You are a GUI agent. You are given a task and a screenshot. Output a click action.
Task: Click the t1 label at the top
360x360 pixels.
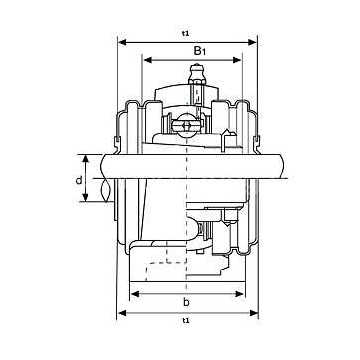point(185,33)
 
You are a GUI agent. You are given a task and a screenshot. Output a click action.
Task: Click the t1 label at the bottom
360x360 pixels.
point(185,320)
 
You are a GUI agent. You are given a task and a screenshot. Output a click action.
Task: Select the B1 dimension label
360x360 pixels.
point(200,51)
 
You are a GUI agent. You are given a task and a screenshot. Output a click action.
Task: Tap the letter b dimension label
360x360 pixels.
point(186,302)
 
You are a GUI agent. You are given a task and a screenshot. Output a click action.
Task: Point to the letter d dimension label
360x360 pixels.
point(79,180)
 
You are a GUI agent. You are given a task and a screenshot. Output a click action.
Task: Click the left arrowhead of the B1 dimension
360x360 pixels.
point(148,60)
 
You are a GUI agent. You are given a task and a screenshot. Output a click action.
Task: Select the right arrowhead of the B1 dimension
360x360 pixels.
point(237,60)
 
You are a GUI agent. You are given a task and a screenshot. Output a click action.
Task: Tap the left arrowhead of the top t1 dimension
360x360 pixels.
point(123,42)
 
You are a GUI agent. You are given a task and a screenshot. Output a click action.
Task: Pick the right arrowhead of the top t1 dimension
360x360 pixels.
point(252,42)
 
